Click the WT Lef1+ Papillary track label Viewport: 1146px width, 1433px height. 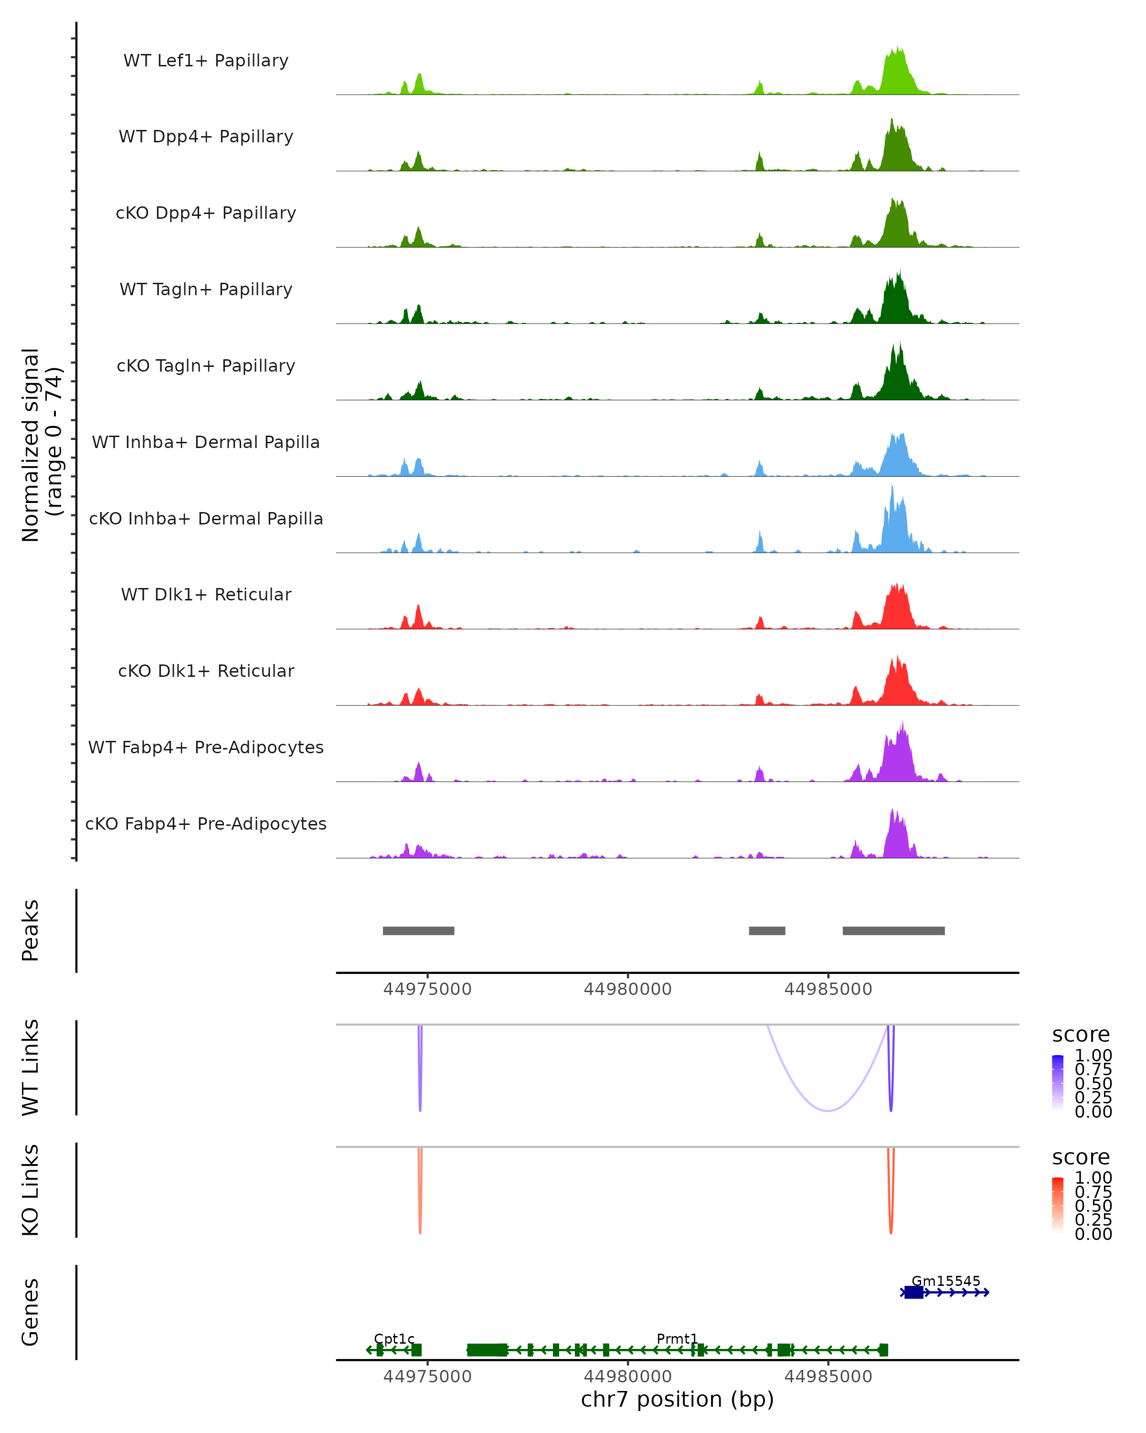(x=206, y=61)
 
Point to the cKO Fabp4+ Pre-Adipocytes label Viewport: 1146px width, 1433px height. (x=206, y=823)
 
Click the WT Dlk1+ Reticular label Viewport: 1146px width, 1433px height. (x=206, y=594)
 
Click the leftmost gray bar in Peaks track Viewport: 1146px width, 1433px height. (x=419, y=930)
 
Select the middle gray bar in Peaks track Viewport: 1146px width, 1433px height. (x=767, y=930)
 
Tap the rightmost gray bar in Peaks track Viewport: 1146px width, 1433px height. (x=893, y=930)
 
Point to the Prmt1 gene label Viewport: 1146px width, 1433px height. (x=677, y=1338)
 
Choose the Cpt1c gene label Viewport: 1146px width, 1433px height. (x=394, y=1338)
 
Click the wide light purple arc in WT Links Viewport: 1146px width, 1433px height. (x=827, y=1110)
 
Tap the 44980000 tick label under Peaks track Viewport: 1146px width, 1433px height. (x=628, y=989)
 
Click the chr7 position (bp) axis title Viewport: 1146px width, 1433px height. (x=677, y=1399)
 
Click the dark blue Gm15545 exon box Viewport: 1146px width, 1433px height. (x=913, y=1292)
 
